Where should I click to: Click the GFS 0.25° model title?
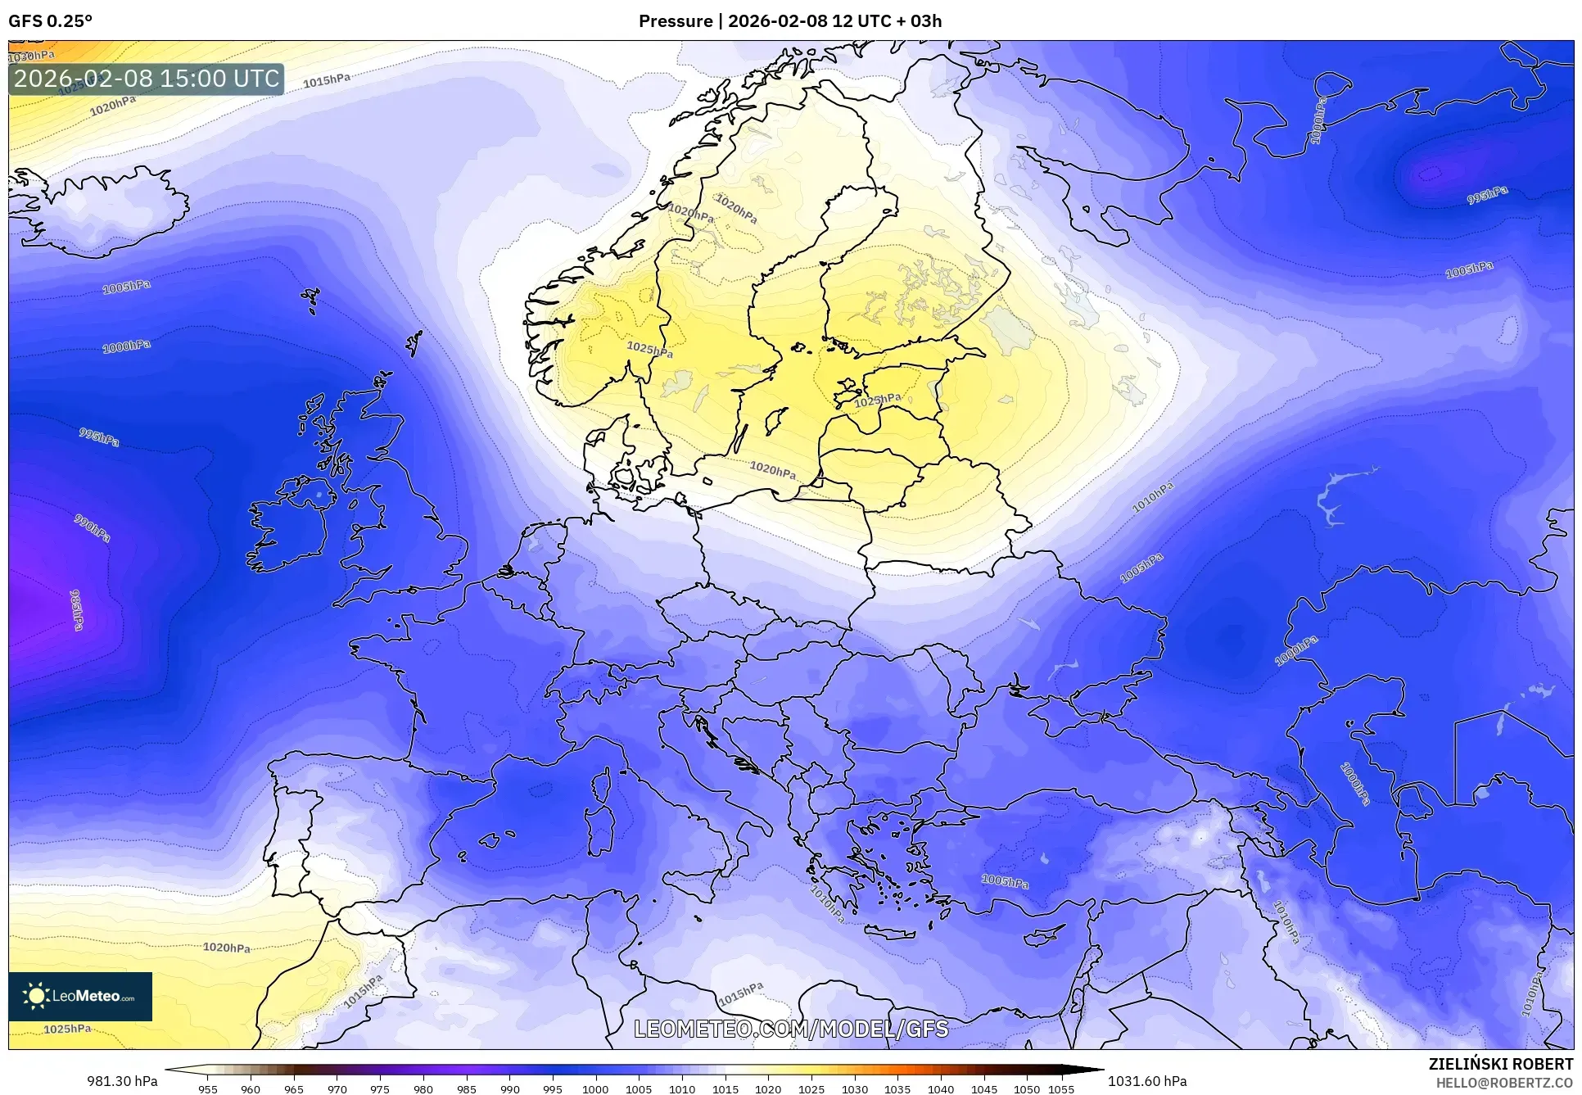50,21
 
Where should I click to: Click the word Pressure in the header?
675,21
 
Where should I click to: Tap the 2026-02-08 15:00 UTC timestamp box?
147,79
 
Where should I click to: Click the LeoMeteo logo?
80,996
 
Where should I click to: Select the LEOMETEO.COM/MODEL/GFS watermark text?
791,1029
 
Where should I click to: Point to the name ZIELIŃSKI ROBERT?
1500,1065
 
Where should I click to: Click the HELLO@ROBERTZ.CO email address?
1504,1083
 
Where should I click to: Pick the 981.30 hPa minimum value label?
122,1081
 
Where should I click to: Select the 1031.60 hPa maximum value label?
1146,1081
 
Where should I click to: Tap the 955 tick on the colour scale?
208,1089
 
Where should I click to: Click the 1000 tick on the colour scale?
595,1089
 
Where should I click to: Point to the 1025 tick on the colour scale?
811,1089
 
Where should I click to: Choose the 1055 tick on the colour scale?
1061,1089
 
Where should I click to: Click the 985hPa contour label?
76,609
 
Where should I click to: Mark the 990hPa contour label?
93,528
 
